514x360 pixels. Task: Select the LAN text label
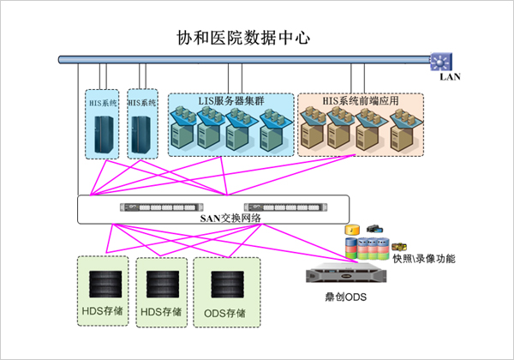[x=450, y=76]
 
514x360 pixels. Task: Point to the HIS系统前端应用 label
[x=361, y=101]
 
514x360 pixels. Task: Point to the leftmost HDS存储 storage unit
[x=104, y=284]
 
